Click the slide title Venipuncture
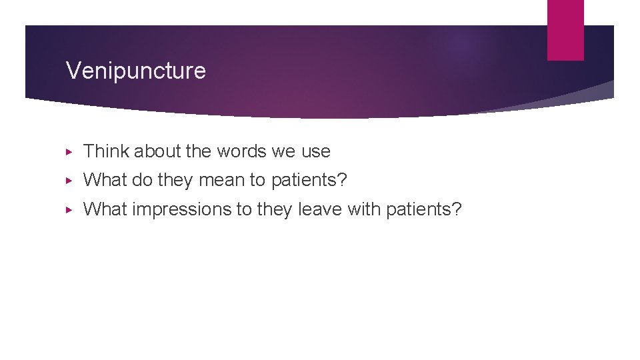pos(136,70)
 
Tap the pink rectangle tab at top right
pos(565,29)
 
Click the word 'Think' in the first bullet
pos(106,151)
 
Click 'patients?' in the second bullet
pos(309,181)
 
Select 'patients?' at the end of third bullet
pos(425,209)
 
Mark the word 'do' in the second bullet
pos(143,180)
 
